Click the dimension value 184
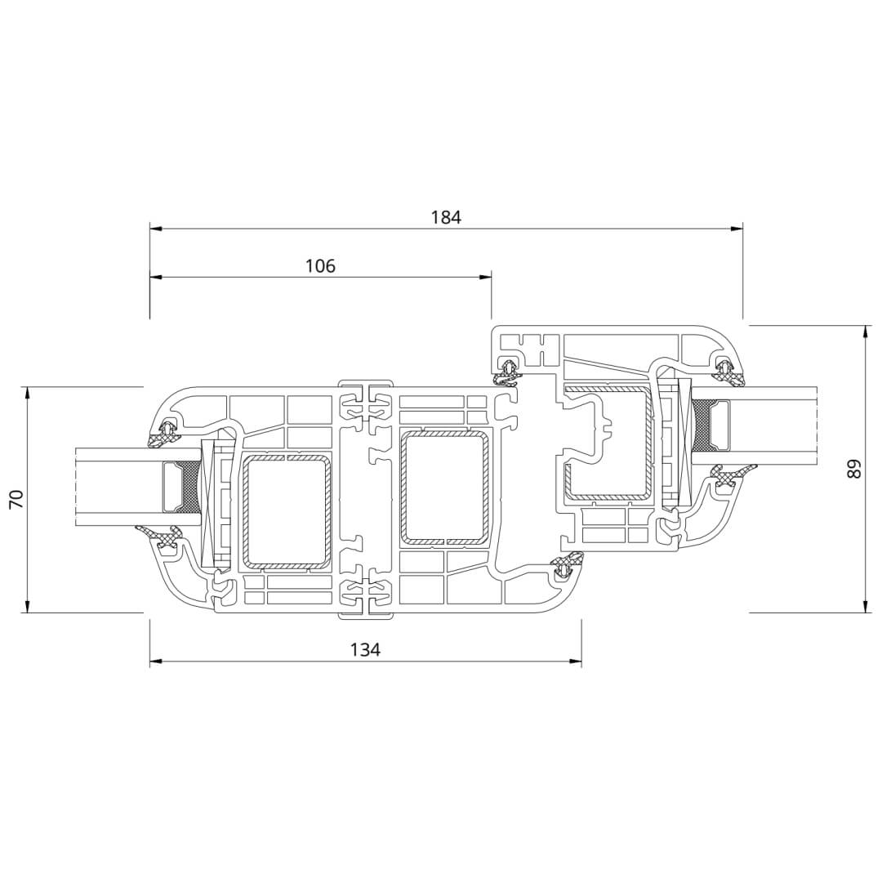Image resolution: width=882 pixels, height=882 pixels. (446, 217)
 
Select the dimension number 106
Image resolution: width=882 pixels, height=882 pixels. (320, 265)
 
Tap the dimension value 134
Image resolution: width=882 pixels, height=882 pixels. (366, 650)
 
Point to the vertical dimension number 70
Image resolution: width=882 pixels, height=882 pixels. (18, 500)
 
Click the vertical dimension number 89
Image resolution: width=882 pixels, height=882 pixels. (854, 469)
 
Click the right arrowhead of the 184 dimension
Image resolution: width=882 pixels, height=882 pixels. (737, 229)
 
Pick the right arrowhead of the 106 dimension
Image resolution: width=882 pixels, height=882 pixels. (485, 277)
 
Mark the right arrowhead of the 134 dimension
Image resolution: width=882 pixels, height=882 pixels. (576, 661)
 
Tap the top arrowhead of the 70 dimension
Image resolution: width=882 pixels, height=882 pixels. (27, 393)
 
